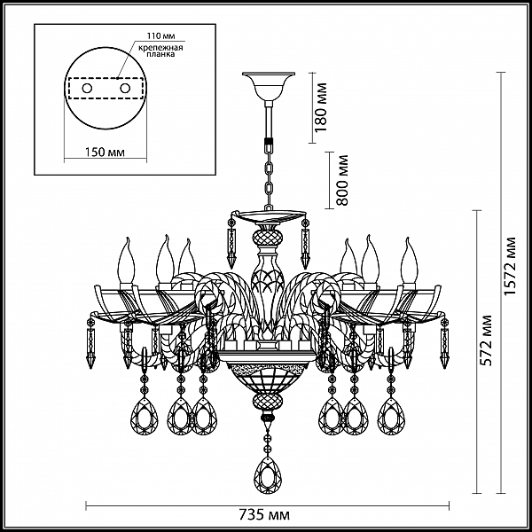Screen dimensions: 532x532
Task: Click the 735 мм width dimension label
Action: point(264,514)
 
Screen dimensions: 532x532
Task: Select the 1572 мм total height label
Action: point(509,266)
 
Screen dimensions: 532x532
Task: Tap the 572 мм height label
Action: point(486,340)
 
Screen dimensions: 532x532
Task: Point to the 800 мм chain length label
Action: point(342,180)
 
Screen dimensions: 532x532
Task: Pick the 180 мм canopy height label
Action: point(321,107)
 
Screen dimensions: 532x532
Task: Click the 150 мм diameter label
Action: point(105,152)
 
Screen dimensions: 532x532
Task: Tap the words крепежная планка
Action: point(160,51)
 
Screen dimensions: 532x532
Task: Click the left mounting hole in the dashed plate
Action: point(87,89)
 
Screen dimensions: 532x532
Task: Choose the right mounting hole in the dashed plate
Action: point(125,89)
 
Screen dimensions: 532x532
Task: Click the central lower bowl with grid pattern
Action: point(268,378)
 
